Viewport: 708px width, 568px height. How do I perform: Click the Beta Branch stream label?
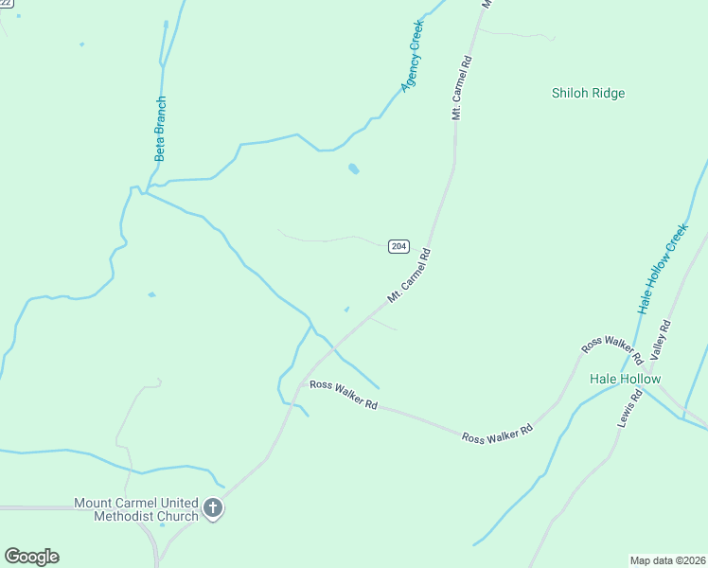pyautogui.click(x=160, y=128)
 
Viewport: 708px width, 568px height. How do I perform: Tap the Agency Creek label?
pyautogui.click(x=412, y=56)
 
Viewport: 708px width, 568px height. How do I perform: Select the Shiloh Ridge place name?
pyautogui.click(x=588, y=93)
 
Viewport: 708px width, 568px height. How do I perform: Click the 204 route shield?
pyautogui.click(x=398, y=246)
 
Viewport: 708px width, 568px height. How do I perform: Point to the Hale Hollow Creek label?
pyautogui.click(x=662, y=269)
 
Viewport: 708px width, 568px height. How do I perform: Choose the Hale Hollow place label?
pyautogui.click(x=625, y=379)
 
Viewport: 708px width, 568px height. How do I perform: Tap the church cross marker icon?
pyautogui.click(x=213, y=509)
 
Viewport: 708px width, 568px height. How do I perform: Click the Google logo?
pyautogui.click(x=31, y=557)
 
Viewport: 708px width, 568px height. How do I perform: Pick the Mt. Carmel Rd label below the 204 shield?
pyautogui.click(x=409, y=276)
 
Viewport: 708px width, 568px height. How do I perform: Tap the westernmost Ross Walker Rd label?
pyautogui.click(x=344, y=395)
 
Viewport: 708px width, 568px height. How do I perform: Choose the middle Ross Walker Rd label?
pyautogui.click(x=498, y=432)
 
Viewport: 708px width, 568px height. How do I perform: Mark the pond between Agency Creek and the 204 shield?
pyautogui.click(x=353, y=169)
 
